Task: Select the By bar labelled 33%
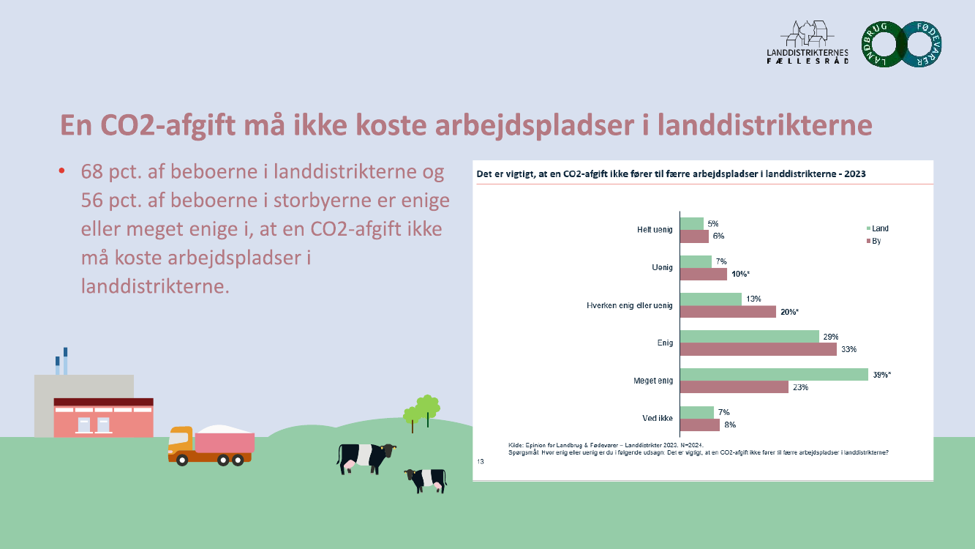758,349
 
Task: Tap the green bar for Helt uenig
692,223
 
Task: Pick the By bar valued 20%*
728,312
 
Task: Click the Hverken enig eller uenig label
630,305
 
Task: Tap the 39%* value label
881,375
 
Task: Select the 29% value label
830,336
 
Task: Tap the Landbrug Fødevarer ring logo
902,45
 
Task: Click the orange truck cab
180,441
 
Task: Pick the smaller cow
426,479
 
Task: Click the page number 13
481,461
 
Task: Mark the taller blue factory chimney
65,361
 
